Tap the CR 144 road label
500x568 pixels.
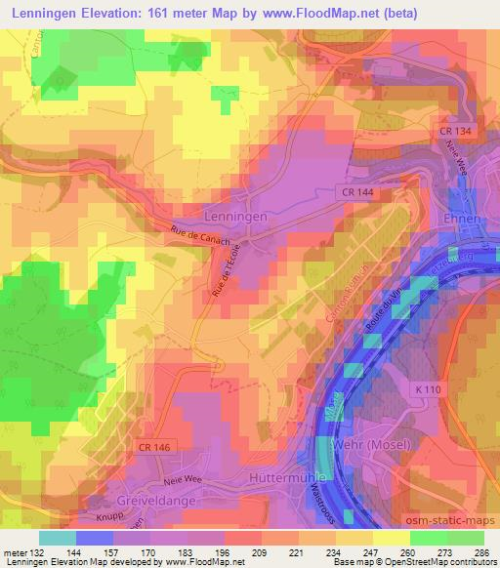pos(358,194)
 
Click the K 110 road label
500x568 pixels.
pos(428,389)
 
